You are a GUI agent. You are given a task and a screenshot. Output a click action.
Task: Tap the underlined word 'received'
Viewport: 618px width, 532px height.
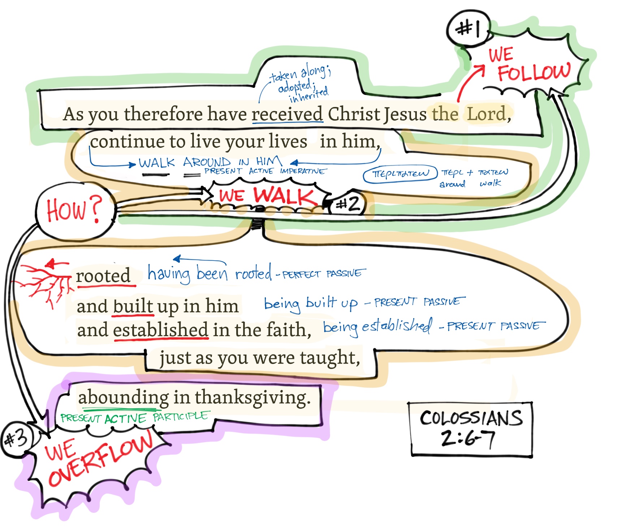click(287, 114)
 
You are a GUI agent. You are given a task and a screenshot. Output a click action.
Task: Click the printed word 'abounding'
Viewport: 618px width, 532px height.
click(123, 398)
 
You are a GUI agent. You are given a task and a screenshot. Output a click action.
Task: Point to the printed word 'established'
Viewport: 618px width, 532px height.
click(161, 330)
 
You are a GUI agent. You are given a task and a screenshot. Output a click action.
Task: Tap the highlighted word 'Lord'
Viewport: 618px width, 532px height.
click(487, 114)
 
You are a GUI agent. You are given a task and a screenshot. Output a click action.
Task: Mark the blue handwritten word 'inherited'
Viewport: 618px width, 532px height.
click(309, 95)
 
